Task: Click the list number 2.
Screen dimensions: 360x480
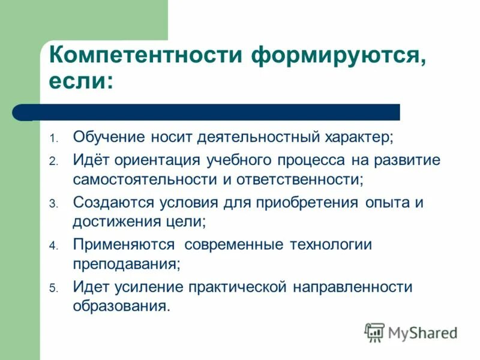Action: [53, 161]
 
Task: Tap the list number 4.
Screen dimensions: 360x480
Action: [53, 246]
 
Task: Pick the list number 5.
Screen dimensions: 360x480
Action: [53, 288]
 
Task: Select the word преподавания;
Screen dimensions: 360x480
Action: [127, 263]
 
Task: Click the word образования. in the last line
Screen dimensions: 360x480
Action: [122, 305]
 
